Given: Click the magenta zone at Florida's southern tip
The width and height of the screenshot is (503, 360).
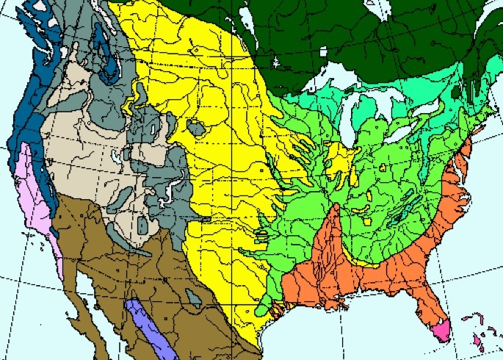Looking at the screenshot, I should pos(442,331).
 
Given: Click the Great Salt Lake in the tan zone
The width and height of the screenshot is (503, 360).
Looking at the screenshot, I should pos(117,156).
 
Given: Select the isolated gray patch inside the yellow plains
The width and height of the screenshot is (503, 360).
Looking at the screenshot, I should pos(196,128).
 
